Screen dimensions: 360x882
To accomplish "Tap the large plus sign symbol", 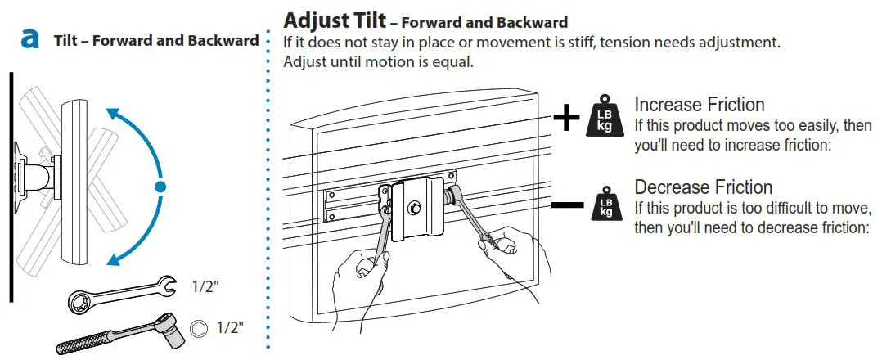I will click(x=566, y=118).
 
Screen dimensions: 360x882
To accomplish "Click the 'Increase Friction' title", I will click(x=700, y=105).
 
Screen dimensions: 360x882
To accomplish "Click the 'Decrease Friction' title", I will click(x=703, y=187).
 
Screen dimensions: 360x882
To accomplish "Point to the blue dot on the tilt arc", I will click(x=160, y=187).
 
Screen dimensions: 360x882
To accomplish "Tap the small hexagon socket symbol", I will click(x=197, y=329).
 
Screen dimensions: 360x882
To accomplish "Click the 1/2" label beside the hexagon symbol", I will click(x=230, y=329).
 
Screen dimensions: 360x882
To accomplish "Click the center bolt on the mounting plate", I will click(x=416, y=209).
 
